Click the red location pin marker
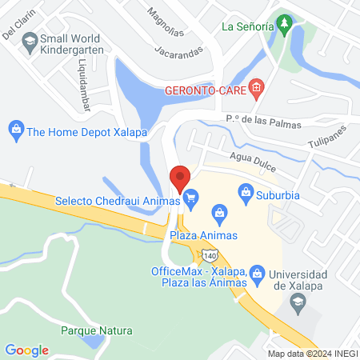[x=180, y=177]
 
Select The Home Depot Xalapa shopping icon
[x=15, y=128]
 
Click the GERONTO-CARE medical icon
[x=256, y=88]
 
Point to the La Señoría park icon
[x=283, y=26]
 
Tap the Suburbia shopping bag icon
[x=246, y=192]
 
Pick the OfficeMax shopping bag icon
[x=257, y=273]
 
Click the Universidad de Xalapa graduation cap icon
[x=298, y=301]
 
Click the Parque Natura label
[x=96, y=330]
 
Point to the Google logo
[x=26, y=350]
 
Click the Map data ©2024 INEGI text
[x=311, y=354]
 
